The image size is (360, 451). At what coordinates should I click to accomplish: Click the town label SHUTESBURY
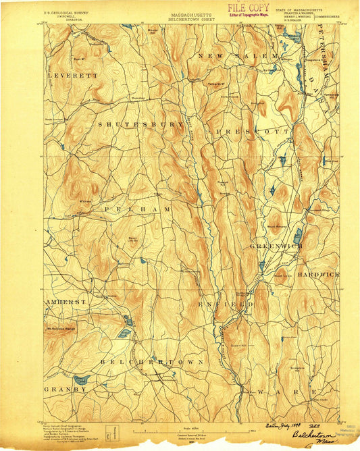pos(141,125)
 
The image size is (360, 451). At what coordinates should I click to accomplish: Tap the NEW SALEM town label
pos(238,55)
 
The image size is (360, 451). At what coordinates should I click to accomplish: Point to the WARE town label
pos(292,392)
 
